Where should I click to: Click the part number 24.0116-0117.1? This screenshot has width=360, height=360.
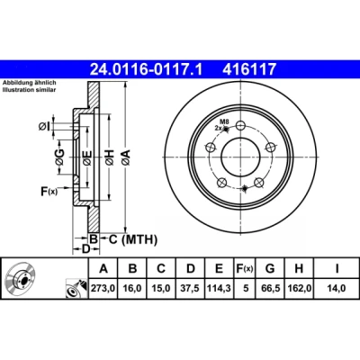point(147,69)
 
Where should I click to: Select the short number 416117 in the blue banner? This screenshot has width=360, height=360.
point(249,69)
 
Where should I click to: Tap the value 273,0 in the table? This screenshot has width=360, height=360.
point(103,288)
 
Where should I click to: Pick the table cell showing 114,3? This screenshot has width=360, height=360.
point(219,288)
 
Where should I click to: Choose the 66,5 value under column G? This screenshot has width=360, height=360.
point(270,288)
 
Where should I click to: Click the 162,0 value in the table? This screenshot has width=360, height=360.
point(300,288)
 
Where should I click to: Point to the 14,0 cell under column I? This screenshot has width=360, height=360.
point(337,288)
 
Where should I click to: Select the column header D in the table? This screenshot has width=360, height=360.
point(191,268)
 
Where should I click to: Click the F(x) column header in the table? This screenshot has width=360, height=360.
point(245,268)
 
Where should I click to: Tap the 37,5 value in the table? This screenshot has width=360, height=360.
point(190,288)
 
